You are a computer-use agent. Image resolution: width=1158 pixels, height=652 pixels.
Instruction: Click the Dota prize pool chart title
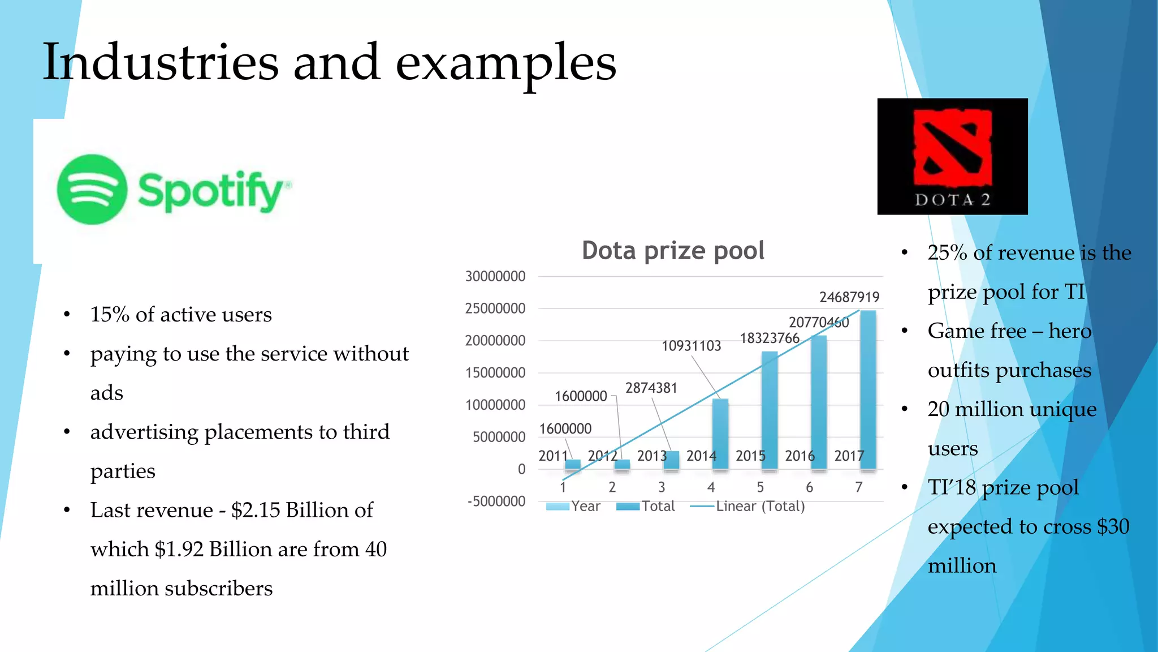tap(673, 251)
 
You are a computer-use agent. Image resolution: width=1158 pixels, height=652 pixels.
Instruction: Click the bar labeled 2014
tap(720, 434)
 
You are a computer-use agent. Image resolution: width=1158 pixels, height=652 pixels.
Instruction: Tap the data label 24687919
tap(849, 297)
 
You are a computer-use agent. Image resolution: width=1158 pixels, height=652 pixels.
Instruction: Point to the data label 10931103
tap(691, 346)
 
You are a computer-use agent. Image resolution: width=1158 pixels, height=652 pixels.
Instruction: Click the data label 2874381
tap(651, 388)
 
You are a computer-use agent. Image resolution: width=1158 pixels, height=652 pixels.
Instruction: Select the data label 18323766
tap(769, 338)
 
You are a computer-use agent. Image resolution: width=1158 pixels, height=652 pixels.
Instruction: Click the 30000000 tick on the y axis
tap(495, 277)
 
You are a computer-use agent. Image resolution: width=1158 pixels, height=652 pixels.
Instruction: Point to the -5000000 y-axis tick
tap(496, 501)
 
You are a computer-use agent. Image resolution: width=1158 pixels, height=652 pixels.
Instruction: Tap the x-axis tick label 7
tap(858, 487)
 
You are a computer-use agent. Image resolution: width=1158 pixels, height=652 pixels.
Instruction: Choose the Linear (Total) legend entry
tap(759, 506)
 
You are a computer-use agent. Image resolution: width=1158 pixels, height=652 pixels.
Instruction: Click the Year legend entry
tap(585, 506)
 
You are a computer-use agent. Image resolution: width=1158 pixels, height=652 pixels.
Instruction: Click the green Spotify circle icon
tap(92, 190)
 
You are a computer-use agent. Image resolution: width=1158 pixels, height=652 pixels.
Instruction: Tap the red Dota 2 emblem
tap(952, 148)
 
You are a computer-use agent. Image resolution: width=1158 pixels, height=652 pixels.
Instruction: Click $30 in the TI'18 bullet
tap(1113, 526)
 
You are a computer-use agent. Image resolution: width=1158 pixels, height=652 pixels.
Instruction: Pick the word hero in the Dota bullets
tap(1069, 331)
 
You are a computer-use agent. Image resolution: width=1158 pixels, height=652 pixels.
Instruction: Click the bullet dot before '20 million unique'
tap(904, 409)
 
